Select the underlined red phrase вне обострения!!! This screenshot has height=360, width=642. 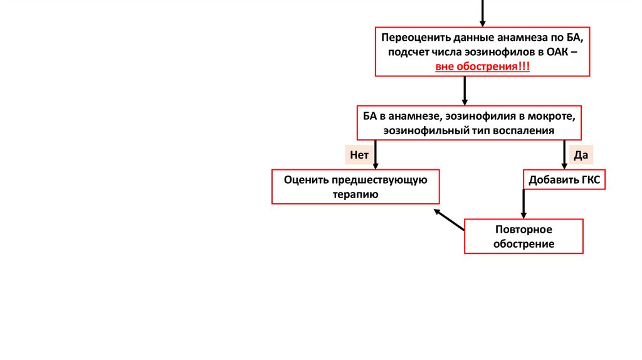[483, 66]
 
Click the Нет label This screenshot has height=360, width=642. [359, 154]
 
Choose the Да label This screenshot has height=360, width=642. [579, 154]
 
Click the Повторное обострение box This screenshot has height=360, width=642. [524, 236]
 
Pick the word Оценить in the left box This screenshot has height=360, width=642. [302, 179]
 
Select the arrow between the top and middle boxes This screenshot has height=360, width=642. [465, 90]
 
